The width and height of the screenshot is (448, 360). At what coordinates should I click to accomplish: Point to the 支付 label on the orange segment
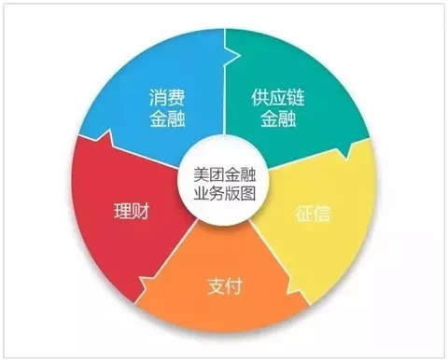(x=224, y=284)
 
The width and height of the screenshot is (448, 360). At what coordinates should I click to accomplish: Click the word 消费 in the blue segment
(x=167, y=97)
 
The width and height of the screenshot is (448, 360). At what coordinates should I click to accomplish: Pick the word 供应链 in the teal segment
(x=277, y=97)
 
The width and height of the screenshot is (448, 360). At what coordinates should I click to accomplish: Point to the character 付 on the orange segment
(x=235, y=284)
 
